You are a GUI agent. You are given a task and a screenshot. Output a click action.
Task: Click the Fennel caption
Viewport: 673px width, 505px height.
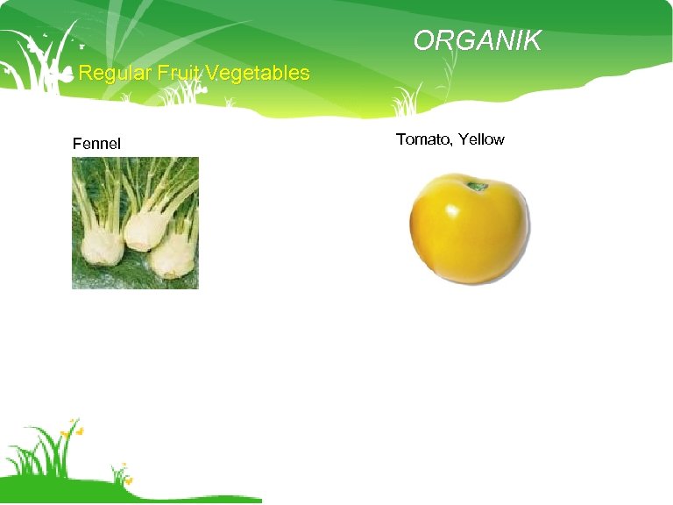(x=96, y=143)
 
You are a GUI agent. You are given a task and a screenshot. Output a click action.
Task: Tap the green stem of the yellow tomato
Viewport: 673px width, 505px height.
(x=478, y=186)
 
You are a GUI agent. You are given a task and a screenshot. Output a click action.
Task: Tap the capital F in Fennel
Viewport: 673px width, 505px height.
(x=77, y=143)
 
